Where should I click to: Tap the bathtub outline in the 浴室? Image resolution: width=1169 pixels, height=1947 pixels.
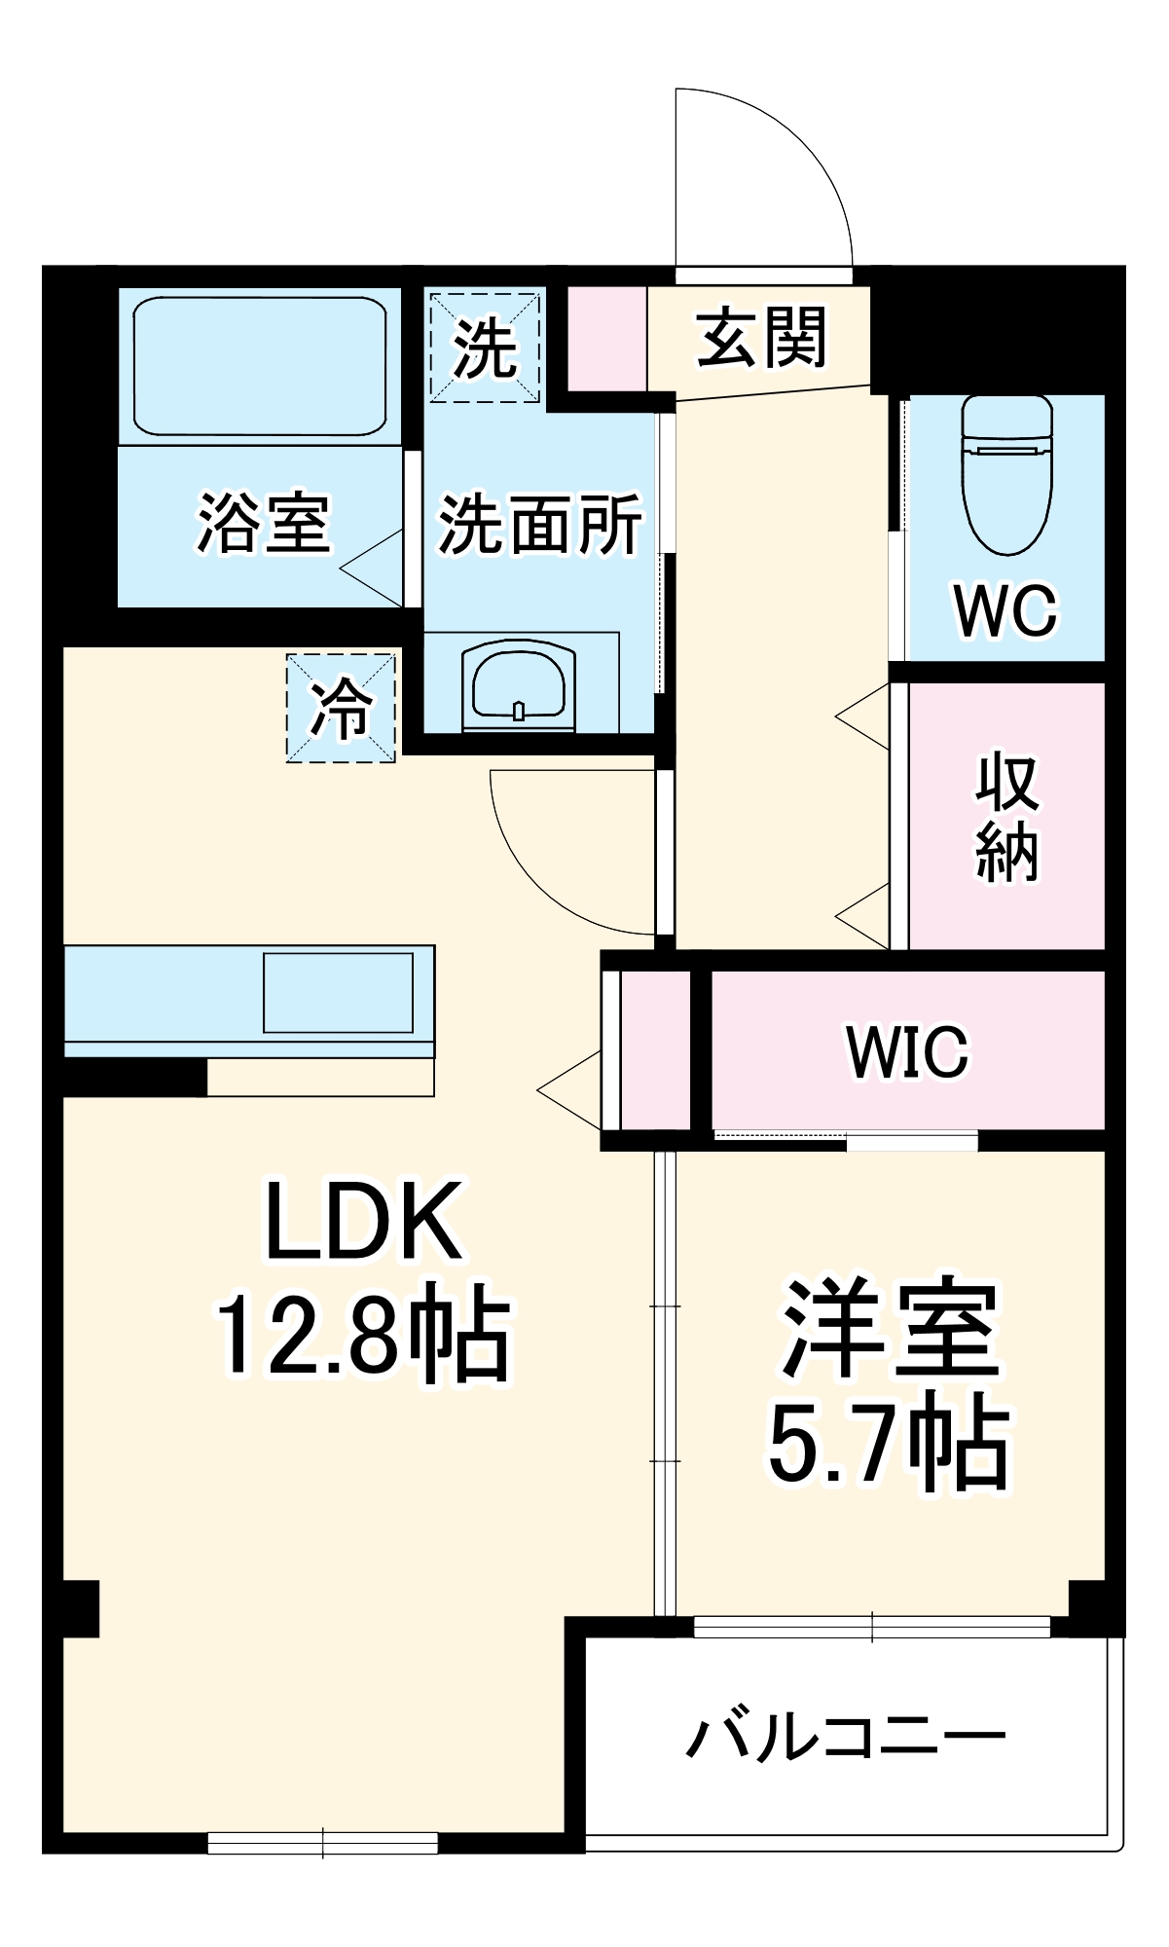pos(260,366)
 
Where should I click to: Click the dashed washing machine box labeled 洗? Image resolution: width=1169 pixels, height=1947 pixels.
pos(485,347)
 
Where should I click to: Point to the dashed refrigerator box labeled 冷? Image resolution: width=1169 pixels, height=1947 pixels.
pos(341,708)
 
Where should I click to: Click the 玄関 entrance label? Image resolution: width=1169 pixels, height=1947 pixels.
pos(761,338)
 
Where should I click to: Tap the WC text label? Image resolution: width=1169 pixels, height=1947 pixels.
pos(1005,610)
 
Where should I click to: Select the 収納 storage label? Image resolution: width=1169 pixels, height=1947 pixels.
pos(1007,816)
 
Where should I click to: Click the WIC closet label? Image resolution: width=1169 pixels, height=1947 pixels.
pos(907,1051)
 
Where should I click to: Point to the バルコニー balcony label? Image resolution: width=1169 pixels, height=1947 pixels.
pos(845,1738)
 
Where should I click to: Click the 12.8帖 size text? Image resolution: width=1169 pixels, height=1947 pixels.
pos(362,1336)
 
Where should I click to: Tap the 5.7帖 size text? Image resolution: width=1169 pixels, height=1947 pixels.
pos(889,1443)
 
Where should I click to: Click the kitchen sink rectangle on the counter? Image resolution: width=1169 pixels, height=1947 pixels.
pos(338,992)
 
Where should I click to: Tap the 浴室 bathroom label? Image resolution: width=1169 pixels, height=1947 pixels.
pos(264,523)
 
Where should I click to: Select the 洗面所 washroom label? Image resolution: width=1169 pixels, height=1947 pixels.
pos(540,524)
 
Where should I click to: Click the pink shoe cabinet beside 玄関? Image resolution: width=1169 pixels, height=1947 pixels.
pos(607,338)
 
